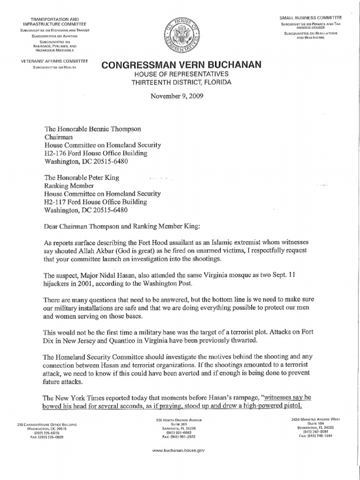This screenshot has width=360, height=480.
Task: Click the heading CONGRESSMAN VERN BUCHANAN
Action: (x=180, y=66)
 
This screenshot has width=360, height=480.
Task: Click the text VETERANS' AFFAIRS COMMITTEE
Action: (x=50, y=61)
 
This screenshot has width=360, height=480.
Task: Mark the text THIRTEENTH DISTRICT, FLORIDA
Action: (x=180, y=82)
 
